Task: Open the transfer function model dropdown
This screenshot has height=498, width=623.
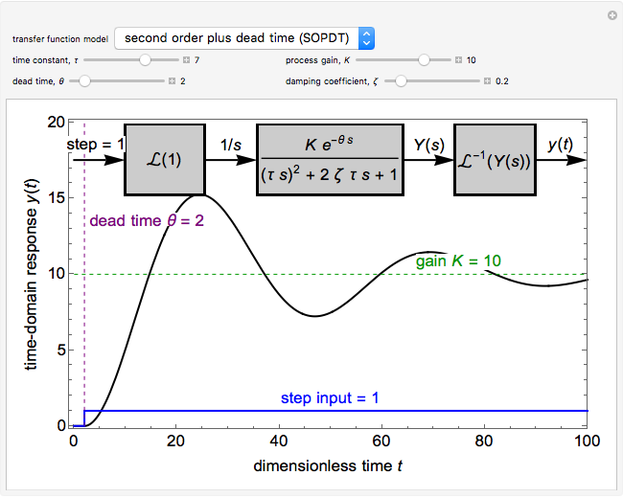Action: [243, 38]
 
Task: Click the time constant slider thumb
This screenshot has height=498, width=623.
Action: [145, 59]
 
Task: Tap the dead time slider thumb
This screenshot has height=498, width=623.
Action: [84, 81]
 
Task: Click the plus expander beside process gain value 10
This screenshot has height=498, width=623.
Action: [458, 59]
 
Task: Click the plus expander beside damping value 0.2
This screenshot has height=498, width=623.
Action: [487, 81]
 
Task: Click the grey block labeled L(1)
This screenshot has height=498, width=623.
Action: [165, 160]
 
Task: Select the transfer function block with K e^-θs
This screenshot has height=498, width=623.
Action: [327, 160]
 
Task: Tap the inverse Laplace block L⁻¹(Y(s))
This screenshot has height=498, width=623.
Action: [494, 160]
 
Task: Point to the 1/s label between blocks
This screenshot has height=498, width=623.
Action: [231, 145]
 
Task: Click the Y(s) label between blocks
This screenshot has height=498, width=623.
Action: [426, 145]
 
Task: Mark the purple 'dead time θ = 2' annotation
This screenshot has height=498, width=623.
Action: [146, 220]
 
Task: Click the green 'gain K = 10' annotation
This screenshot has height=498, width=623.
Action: [458, 260]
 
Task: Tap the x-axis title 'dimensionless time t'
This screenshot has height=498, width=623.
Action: [329, 467]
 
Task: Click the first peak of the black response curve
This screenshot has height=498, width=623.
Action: [198, 195]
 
